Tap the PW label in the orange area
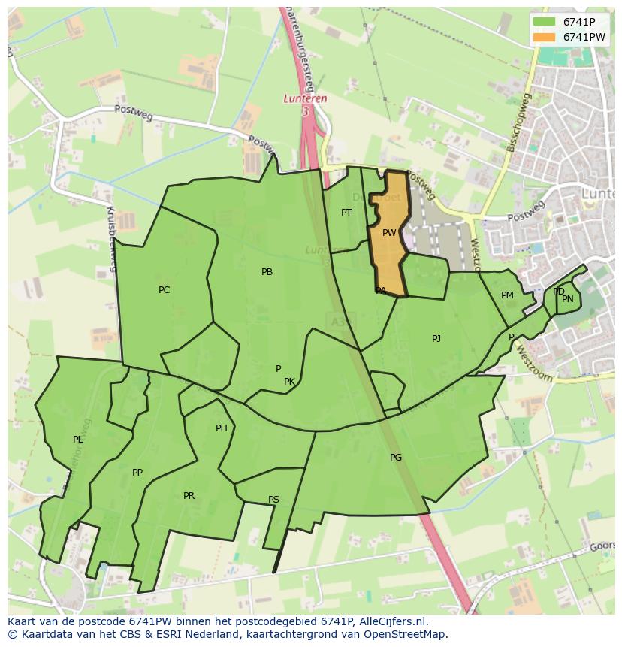coord(389,233)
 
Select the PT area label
coord(346,213)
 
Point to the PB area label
coord(267,272)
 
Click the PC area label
coord(165,290)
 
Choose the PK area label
coord(289,382)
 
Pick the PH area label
coord(222,428)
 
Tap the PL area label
coord(78,440)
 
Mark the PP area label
coord(137,473)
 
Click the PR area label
coord(189,496)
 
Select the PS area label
coord(273,500)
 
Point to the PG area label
coord(396,458)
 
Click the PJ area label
coord(436,339)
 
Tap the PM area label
coord(507,295)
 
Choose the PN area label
coord(568,299)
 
